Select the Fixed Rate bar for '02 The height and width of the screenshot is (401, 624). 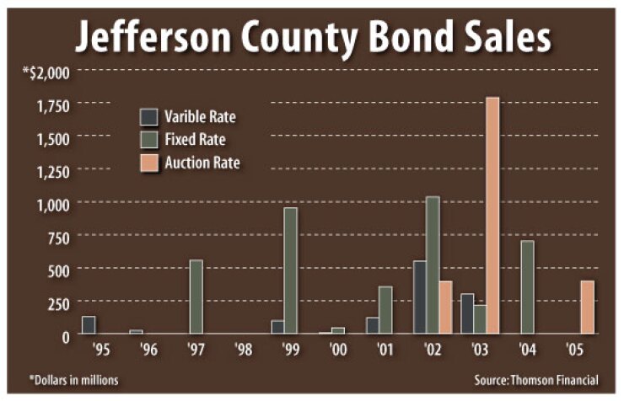pyautogui.click(x=433, y=265)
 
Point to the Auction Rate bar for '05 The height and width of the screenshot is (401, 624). pyautogui.click(x=588, y=307)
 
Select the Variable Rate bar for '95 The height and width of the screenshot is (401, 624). pyautogui.click(x=88, y=325)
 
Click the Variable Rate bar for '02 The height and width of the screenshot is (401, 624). pyautogui.click(x=419, y=297)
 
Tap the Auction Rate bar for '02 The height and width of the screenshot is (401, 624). pyautogui.click(x=446, y=307)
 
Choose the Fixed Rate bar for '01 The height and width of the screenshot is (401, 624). pyautogui.click(x=385, y=310)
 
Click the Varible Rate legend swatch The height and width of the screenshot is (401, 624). pyautogui.click(x=149, y=117)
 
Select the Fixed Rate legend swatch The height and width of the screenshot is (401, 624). pyautogui.click(x=149, y=139)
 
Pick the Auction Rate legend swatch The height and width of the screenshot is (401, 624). pyautogui.click(x=149, y=161)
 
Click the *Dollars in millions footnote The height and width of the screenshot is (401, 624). pyautogui.click(x=74, y=380)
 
